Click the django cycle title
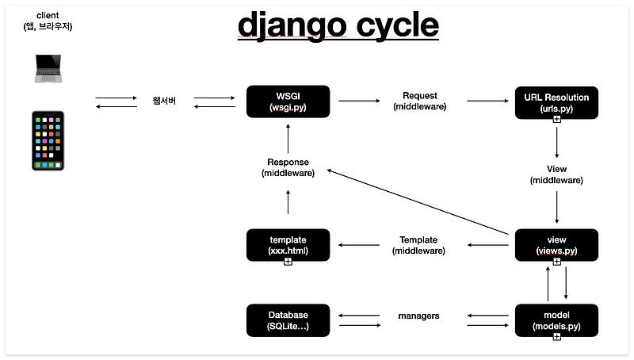coord(338,25)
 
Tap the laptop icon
coord(48,68)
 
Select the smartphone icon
coord(48,140)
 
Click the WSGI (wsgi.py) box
coord(288,101)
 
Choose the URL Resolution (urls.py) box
coord(556,101)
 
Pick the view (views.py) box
coord(556,245)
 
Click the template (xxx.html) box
coord(288,245)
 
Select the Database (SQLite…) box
coord(288,320)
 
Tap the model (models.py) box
coord(556,320)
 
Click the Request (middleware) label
coord(419,101)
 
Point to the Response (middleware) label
coord(288,167)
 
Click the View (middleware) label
coord(556,174)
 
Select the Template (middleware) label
coord(418,245)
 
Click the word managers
coord(418,316)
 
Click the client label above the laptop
coord(48,21)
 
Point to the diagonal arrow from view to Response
coord(417,201)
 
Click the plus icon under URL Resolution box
coord(556,119)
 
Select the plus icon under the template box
coord(288,262)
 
